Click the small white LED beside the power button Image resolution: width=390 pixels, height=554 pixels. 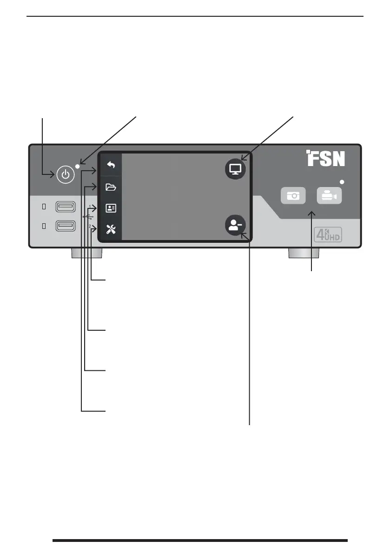point(78,166)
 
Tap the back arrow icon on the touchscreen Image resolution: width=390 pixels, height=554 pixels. point(111,165)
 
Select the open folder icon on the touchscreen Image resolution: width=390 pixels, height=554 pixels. point(111,187)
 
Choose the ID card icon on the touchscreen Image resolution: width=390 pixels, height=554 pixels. point(111,208)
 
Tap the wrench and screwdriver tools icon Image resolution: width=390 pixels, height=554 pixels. point(111,229)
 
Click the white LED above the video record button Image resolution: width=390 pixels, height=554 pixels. point(343,181)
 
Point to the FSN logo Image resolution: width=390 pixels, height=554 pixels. point(325,159)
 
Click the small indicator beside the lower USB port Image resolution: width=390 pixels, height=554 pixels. point(44,226)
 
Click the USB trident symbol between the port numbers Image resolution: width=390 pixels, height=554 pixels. point(88,216)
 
